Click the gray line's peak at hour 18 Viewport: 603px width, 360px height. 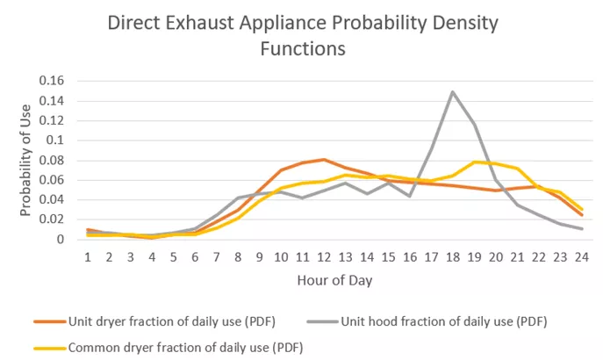click(x=452, y=91)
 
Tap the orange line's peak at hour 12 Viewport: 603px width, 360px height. click(x=323, y=159)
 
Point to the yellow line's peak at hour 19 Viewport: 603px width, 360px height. click(x=474, y=162)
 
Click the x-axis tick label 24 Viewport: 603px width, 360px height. click(x=580, y=256)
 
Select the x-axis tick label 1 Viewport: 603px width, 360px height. click(x=88, y=256)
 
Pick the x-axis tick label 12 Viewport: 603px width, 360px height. click(x=323, y=256)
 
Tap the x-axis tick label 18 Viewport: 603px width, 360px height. click(x=452, y=256)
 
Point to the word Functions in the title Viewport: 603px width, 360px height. click(x=301, y=49)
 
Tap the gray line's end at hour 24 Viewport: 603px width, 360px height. click(x=580, y=229)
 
